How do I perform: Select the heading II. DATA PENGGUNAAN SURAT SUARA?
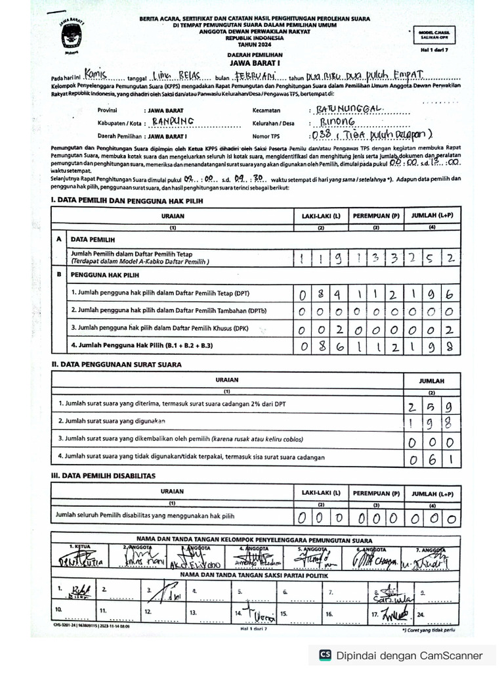point(117,363)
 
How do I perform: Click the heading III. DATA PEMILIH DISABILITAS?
point(103,475)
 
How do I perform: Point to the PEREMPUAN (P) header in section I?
point(377,216)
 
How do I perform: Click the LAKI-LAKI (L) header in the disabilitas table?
point(321,492)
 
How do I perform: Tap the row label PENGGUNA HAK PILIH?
point(101,275)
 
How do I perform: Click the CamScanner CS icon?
point(324,655)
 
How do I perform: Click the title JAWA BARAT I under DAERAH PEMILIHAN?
point(251,64)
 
